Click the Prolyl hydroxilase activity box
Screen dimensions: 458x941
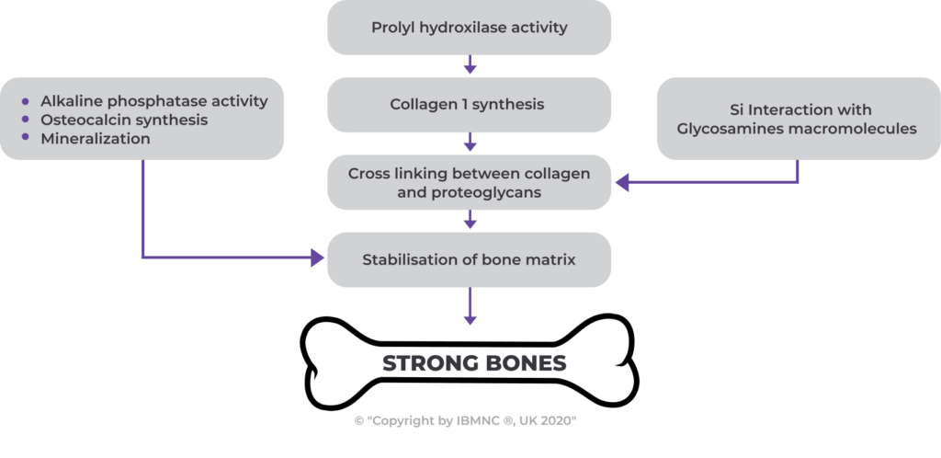pyautogui.click(x=469, y=28)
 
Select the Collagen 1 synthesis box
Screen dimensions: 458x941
pyautogui.click(x=469, y=105)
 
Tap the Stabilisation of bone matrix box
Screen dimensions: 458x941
pyautogui.click(x=469, y=259)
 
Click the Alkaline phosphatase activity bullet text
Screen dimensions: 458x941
pyautogui.click(x=154, y=101)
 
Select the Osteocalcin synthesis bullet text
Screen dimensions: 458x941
pyautogui.click(x=124, y=120)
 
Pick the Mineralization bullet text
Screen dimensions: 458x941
pyautogui.click(x=96, y=138)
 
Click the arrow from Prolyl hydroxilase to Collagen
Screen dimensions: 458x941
pyautogui.click(x=470, y=65)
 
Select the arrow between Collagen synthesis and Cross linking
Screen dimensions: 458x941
pyautogui.click(x=470, y=143)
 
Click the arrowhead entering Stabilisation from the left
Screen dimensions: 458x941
pyautogui.click(x=318, y=258)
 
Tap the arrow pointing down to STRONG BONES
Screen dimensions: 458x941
pyautogui.click(x=470, y=307)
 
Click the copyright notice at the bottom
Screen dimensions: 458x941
pyautogui.click(x=465, y=420)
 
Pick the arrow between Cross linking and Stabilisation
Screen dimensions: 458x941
pyautogui.click(x=470, y=221)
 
